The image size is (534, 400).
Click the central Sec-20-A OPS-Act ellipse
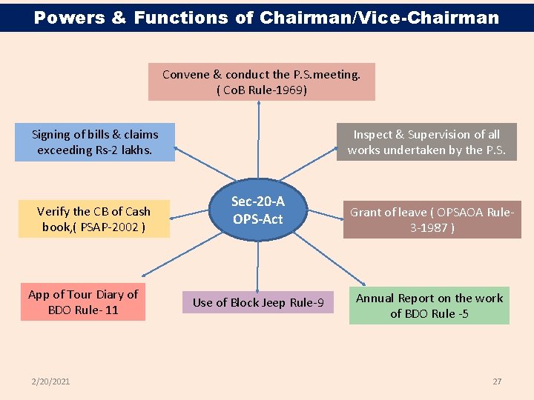pos(257,210)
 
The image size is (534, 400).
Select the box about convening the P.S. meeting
pos(261,81)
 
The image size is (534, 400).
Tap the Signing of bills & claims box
pos(95,142)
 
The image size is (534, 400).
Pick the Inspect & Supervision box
pos(426,142)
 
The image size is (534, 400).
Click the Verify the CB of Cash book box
pos(93,219)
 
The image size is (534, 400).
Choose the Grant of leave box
pos(432,219)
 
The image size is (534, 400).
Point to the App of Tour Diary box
pos(83,302)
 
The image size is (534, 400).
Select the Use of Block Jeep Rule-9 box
pos(258,302)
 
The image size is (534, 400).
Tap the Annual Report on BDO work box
pos(429,305)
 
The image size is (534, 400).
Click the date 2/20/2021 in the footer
pos(51,381)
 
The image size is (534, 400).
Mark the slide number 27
pos(497,381)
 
